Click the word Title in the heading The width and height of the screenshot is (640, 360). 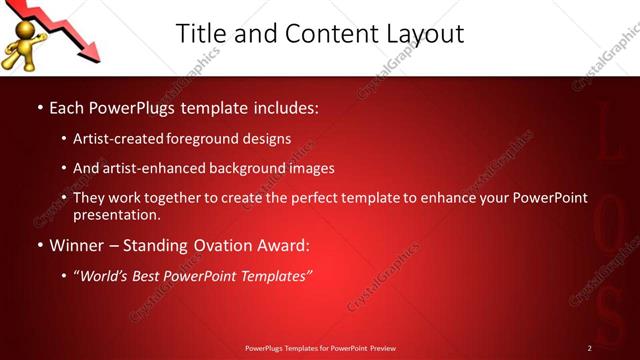pos(201,33)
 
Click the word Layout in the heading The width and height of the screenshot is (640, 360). pos(424,33)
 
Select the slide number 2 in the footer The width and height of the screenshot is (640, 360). pos(590,348)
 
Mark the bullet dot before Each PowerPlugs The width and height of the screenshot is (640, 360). pos(39,107)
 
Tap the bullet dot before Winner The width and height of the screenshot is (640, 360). pos(39,245)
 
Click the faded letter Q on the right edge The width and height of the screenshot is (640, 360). pos(608,245)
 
